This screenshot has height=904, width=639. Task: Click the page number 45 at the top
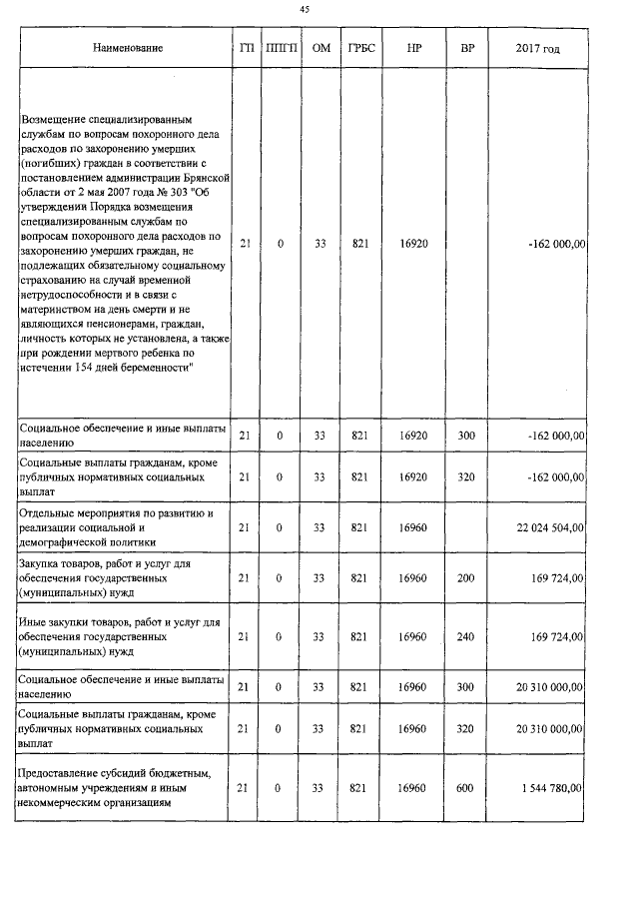pos(306,9)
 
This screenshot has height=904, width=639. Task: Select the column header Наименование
pos(127,48)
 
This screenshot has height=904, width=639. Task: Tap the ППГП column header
pos(280,48)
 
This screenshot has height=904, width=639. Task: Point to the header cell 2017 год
pos(537,48)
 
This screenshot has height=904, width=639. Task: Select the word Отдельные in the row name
pos(47,512)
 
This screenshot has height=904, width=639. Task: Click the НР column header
pos(412,48)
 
